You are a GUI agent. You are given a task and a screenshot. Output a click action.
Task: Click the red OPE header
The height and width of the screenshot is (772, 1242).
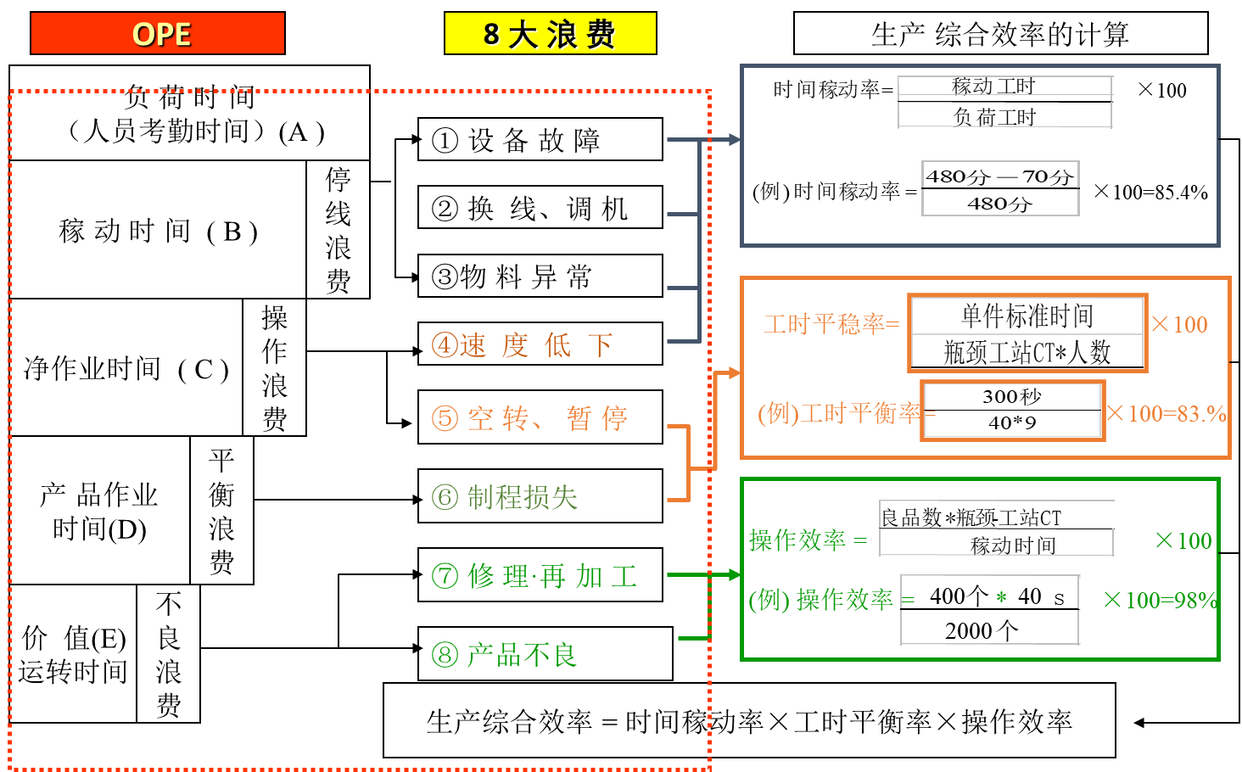158,34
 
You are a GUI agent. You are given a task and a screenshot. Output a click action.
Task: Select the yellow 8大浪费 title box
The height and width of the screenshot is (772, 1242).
550,34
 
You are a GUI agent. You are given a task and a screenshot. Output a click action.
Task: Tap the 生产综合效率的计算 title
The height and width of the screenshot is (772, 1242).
1000,34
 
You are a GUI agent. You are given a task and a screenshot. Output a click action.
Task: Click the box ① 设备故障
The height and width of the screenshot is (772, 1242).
540,140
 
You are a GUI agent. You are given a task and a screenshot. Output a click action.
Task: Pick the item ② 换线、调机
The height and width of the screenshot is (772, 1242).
540,208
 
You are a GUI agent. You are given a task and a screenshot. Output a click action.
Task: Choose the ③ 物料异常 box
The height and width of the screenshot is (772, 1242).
540,277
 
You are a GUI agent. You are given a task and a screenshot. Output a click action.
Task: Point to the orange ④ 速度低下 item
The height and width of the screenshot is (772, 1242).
540,344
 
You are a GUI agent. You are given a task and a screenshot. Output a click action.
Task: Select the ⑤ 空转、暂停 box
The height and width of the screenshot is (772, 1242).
540,417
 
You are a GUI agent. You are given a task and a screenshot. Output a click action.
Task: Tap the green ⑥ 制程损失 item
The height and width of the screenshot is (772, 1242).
540,496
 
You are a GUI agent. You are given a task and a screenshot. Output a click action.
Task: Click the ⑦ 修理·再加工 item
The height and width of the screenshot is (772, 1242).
540,575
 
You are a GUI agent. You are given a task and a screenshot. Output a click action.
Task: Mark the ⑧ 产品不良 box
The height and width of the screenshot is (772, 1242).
545,654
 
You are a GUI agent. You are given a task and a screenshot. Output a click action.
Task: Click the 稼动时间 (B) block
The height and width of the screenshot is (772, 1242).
158,231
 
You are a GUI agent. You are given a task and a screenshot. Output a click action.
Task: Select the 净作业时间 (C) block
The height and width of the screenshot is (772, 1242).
126,368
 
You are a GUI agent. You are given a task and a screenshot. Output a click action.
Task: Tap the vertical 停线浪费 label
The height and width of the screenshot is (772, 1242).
338,230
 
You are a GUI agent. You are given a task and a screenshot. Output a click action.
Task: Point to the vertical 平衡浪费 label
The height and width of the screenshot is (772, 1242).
221,511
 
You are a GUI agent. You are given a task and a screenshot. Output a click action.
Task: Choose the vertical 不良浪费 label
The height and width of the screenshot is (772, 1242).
168,654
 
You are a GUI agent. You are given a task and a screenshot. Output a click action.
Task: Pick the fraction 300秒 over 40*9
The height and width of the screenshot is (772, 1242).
1012,411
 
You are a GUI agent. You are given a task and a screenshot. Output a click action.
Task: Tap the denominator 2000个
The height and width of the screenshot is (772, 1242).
982,630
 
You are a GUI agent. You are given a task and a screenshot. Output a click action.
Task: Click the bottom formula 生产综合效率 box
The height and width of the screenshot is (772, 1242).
748,721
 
